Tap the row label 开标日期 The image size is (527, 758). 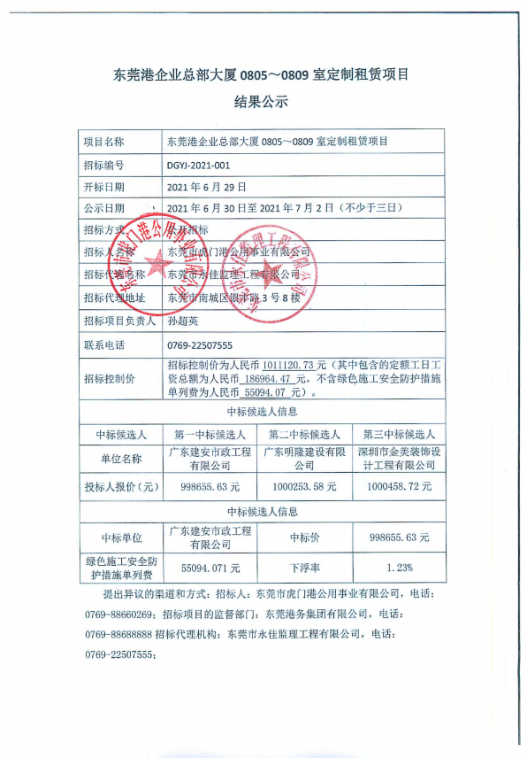pos(103,188)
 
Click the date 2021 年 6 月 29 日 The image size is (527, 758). pos(206,188)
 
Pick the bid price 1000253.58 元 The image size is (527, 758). pos(303,486)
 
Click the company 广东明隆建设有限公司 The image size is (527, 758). pos(303,459)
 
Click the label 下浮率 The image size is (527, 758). pos(303,567)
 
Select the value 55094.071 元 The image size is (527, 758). pos(210,567)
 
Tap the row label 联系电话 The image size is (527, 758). pos(103,344)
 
